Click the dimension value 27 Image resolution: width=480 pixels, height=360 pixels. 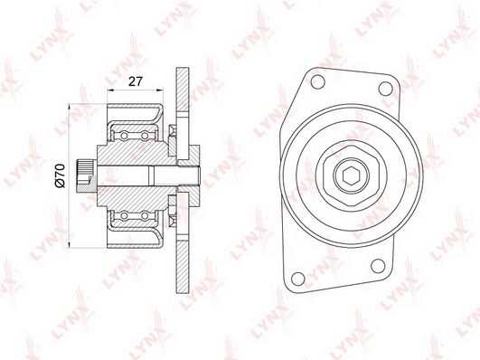click(x=136, y=81)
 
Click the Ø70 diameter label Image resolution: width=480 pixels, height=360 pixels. click(x=60, y=175)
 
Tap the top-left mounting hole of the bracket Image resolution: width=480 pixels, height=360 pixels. click(x=317, y=81)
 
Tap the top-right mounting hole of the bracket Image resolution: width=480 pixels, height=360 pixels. click(x=385, y=89)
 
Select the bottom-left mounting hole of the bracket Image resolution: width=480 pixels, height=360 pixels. click(x=298, y=279)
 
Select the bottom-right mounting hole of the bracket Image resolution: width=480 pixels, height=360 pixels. click(x=378, y=266)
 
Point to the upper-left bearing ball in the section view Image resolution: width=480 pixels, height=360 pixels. click(x=124, y=136)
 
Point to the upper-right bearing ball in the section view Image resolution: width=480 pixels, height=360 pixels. click(x=145, y=136)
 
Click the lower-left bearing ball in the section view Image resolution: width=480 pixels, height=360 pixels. click(x=124, y=216)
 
